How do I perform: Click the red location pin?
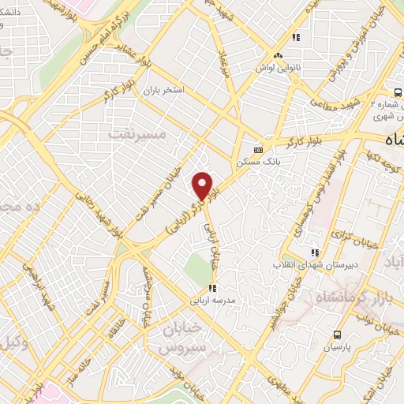pos(203,185)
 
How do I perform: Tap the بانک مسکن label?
pos(254,163)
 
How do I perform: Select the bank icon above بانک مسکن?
pos(257,150)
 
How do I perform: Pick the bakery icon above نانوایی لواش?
pos(278,56)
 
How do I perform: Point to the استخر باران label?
pos(163,91)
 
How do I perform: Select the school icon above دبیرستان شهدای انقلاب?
pos(315,252)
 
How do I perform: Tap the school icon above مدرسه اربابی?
pos(211,288)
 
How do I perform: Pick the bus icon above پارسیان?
pos(337,335)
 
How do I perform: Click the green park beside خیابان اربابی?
pos(198,270)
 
